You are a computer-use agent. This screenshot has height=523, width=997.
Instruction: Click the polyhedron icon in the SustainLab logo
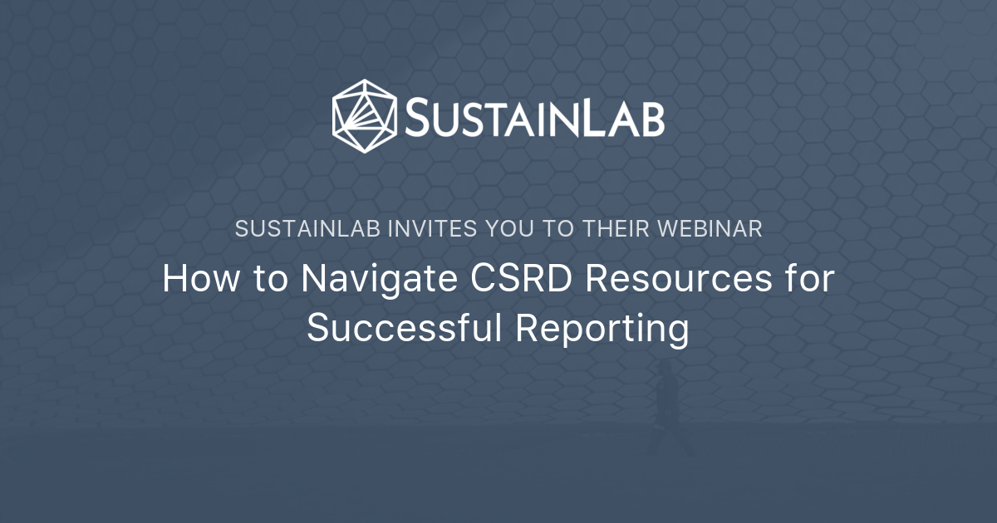[365, 116]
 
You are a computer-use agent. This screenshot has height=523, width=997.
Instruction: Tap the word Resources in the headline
[679, 279]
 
